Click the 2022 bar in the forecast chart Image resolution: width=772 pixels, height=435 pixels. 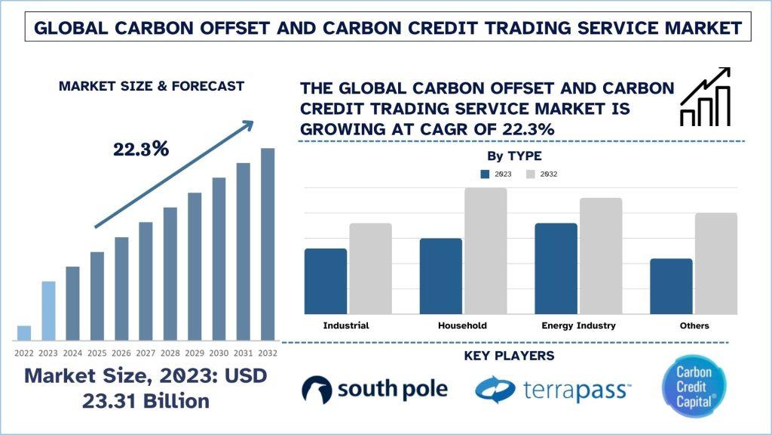[24, 332]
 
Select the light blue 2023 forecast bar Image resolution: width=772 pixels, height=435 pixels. [48, 310]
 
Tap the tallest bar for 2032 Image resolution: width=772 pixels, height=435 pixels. [268, 244]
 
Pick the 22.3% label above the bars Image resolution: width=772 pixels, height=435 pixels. [141, 149]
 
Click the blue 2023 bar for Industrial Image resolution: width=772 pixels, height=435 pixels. [326, 281]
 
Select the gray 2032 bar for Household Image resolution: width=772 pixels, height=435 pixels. [486, 251]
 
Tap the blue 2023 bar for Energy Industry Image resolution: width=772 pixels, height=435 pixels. [556, 268]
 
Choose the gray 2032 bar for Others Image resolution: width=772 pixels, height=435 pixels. [715, 263]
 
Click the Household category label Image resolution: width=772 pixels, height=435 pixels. [462, 325]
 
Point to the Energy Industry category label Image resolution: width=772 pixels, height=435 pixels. [578, 325]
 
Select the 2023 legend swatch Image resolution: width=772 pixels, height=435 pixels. [486, 174]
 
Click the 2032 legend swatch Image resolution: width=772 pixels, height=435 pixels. [530, 174]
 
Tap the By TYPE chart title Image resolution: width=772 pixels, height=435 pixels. [510, 156]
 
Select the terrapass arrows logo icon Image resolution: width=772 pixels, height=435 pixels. [495, 390]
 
